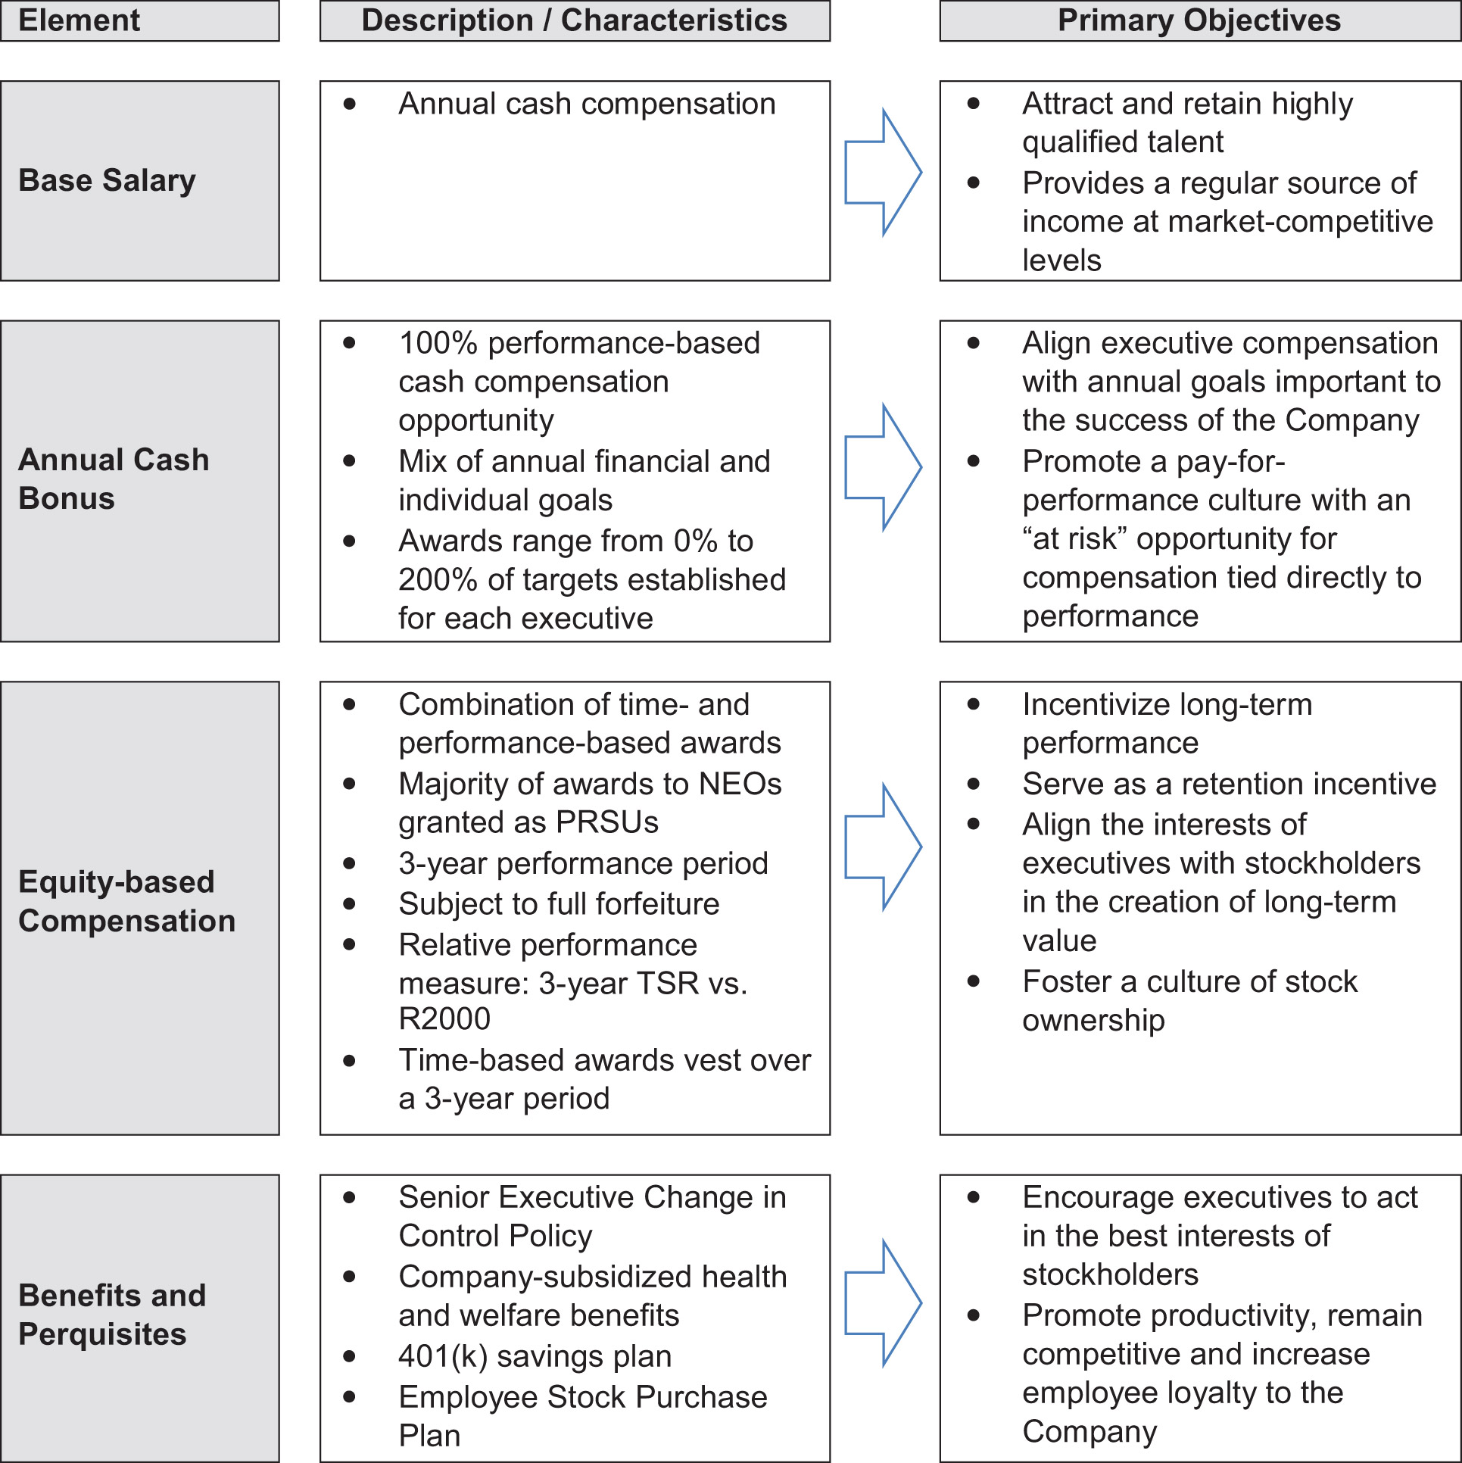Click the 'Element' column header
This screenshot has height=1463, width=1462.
point(79,20)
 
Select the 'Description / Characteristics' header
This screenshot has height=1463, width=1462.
point(574,20)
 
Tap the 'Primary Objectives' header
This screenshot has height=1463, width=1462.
point(1199,20)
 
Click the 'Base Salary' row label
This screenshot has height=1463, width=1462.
point(107,181)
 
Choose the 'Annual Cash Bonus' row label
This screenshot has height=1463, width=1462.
point(114,479)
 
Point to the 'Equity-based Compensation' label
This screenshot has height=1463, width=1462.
point(126,901)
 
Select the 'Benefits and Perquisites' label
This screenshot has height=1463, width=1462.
point(112,1315)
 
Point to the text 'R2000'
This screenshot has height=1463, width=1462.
point(444,1018)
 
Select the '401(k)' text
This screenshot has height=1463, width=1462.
point(443,1356)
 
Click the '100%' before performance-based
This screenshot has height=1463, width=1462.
point(438,343)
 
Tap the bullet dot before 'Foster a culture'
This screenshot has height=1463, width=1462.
point(974,981)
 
